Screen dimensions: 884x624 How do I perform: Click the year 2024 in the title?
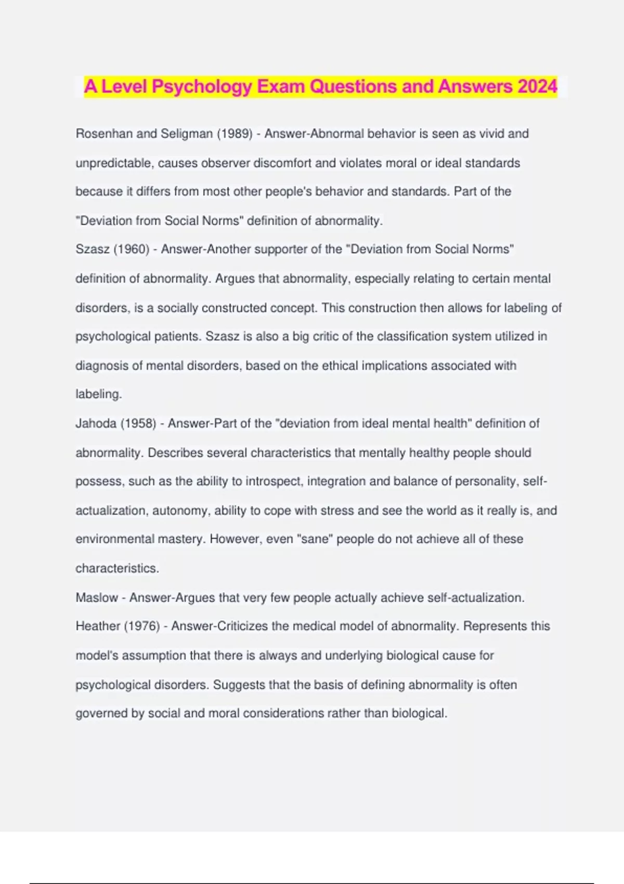click(x=537, y=86)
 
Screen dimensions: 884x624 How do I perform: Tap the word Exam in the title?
click(x=281, y=86)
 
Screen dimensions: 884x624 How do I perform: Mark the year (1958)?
click(x=138, y=423)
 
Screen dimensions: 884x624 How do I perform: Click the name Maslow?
click(x=97, y=597)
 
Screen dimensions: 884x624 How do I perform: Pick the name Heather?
click(x=98, y=626)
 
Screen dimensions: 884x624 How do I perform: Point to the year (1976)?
click(x=141, y=626)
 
